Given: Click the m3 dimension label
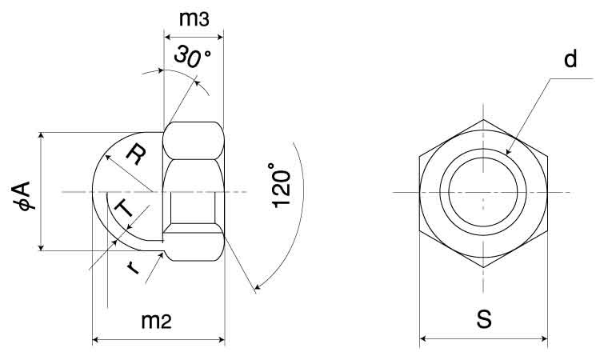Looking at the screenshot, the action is pos(194,18).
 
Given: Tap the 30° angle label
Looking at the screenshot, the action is pos(192,57).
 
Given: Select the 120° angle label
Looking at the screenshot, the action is pos(281,185).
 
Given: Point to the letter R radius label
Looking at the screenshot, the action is pos(136,154).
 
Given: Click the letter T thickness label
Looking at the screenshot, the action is pos(123,209).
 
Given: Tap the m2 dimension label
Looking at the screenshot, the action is pos(156,322).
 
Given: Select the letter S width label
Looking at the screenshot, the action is pos(484,319).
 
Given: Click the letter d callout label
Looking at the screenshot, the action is pos(570,60).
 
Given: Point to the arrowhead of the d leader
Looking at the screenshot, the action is pos(508,152).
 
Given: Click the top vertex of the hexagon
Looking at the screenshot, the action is pos(483,120).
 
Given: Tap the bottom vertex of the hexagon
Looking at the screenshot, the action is pos(483,267).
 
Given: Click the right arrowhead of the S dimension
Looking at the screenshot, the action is pos(544,338).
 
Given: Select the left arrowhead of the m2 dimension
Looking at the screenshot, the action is pos(97,339).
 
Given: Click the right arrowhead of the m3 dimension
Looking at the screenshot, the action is pos(219,37).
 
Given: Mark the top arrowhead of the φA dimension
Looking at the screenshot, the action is pos(41,136).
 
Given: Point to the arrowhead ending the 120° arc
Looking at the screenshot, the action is pos(257,286).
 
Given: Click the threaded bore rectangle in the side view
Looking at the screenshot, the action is pos(193,208).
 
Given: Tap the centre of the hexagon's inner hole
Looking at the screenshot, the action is pos(483,192).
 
